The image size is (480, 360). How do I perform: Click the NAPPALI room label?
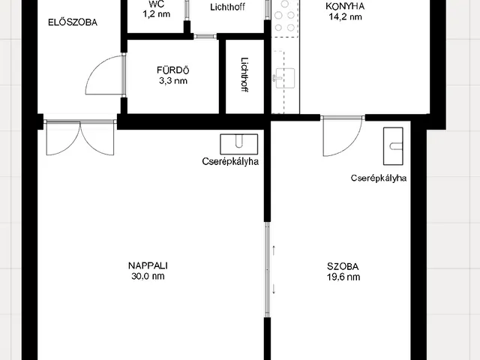pos(148,265)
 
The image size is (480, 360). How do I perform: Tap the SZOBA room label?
pos(343,266)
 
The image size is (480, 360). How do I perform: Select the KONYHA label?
pos(345,6)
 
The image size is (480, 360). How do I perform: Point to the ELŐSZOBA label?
pos(73,22)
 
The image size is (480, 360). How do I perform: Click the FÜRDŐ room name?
pos(173,70)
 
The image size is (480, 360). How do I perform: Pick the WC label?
pos(157,4)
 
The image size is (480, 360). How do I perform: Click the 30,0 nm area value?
pos(148,276)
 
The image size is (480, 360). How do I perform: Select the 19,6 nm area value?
pos(343,277)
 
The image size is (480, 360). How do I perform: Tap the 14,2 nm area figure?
pos(345,16)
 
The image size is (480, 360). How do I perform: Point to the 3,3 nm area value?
pos(173,81)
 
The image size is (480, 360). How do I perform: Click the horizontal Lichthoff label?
pos(227,7)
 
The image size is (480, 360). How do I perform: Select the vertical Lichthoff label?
pos(245,75)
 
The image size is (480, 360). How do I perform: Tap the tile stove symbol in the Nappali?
pos(239,144)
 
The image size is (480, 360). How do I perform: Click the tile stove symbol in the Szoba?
pos(393,146)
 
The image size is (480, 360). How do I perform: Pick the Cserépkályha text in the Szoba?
pos(379,178)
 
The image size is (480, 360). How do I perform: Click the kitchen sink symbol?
pos(285,78)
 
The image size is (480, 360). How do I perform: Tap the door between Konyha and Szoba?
pos(343,136)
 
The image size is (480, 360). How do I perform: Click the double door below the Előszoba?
pos(80,137)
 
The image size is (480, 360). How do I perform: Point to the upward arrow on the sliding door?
pos(274,250)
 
